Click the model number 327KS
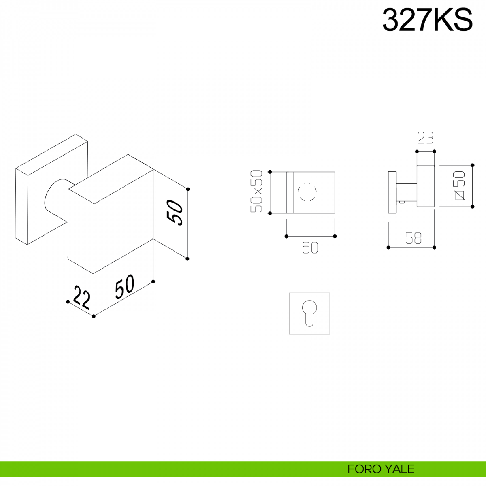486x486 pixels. [427, 20]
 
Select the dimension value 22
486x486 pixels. [81, 298]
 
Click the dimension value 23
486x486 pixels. [425, 138]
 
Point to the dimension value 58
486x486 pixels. [413, 238]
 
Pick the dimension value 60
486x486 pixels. [310, 248]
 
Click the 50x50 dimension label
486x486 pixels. [256, 191]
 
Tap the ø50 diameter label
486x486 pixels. [460, 185]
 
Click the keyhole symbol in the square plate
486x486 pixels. [309, 313]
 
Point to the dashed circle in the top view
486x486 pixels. [307, 192]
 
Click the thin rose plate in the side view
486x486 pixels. [392, 192]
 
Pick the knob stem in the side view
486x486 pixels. [406, 192]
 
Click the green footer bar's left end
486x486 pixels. [1, 469]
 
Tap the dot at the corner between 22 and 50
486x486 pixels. [94, 316]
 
